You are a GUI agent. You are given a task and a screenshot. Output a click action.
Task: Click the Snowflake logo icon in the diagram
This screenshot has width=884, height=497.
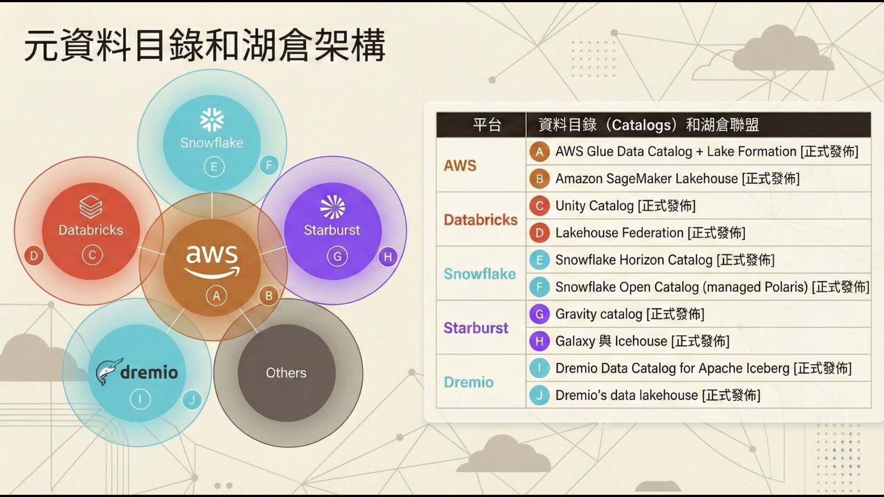(x=212, y=120)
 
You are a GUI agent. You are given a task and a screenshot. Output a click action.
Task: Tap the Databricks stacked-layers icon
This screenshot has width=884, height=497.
(x=91, y=207)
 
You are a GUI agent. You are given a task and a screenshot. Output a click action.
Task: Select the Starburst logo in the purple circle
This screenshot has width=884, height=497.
(x=332, y=207)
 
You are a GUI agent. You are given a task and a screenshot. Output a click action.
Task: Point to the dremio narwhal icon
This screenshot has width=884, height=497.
(x=109, y=371)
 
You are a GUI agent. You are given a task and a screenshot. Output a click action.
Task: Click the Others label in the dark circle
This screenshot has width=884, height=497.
(x=286, y=373)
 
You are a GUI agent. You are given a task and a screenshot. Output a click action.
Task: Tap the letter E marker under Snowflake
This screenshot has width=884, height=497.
(x=214, y=167)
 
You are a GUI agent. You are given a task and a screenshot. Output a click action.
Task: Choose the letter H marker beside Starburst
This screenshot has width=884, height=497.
(x=388, y=257)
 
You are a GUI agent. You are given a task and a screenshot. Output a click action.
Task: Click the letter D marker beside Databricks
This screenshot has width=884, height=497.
(x=34, y=256)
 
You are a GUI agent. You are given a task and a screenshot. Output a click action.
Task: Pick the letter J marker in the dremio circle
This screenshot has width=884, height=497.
(x=192, y=399)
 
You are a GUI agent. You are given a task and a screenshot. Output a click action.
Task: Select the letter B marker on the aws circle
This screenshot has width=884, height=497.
(x=268, y=295)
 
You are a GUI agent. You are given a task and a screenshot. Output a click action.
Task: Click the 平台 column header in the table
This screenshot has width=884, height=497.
(x=487, y=125)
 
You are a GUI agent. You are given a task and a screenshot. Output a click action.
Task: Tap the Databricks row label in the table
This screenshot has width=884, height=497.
(x=480, y=220)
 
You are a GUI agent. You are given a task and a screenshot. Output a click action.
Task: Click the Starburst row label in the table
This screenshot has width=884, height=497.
(x=476, y=328)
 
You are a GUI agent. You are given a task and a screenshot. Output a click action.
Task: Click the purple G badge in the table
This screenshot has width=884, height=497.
(x=540, y=314)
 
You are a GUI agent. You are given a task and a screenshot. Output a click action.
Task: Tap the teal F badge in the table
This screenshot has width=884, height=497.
(x=540, y=287)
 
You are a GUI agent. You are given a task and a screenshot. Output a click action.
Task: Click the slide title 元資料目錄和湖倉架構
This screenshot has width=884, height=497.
(x=205, y=45)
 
